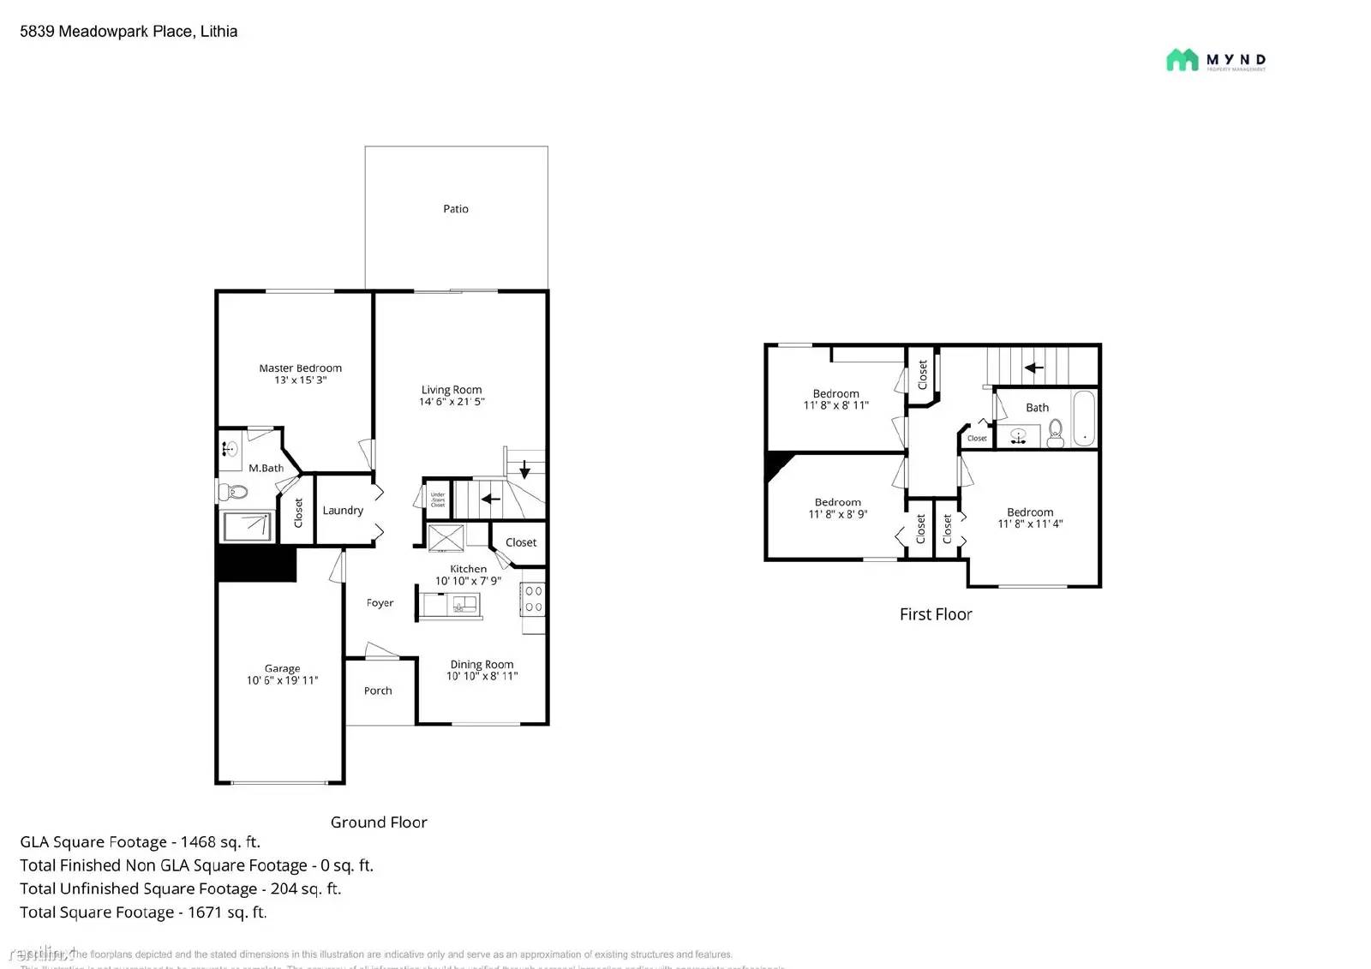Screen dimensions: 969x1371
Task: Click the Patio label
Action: pyautogui.click(x=455, y=209)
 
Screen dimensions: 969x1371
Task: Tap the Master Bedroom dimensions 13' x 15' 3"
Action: pyautogui.click(x=300, y=380)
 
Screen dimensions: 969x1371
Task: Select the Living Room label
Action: pyautogui.click(x=451, y=390)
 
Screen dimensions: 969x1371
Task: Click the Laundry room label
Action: pyautogui.click(x=343, y=511)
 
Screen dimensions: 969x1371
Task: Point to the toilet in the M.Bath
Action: pyautogui.click(x=233, y=492)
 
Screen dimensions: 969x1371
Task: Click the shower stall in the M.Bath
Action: pyautogui.click(x=248, y=526)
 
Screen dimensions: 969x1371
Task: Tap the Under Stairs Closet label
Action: pyautogui.click(x=438, y=499)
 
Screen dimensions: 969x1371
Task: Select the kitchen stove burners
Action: pyautogui.click(x=533, y=599)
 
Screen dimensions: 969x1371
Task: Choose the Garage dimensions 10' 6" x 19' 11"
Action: pyautogui.click(x=282, y=681)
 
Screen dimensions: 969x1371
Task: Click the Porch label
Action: pyautogui.click(x=378, y=691)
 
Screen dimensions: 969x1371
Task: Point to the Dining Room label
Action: pyautogui.click(x=482, y=664)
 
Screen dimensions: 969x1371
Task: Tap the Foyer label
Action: pyautogui.click(x=380, y=603)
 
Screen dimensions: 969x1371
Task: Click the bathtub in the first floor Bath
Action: pyautogui.click(x=1084, y=419)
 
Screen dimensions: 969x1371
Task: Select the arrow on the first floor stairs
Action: pyautogui.click(x=1033, y=368)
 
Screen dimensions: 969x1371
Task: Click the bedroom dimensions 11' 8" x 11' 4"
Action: pyautogui.click(x=1030, y=524)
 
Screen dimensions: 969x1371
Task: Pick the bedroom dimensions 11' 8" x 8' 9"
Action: pyautogui.click(x=837, y=515)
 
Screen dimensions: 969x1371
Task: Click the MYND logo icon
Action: pyautogui.click(x=1182, y=60)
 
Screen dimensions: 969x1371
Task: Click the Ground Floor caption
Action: pyautogui.click(x=379, y=822)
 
